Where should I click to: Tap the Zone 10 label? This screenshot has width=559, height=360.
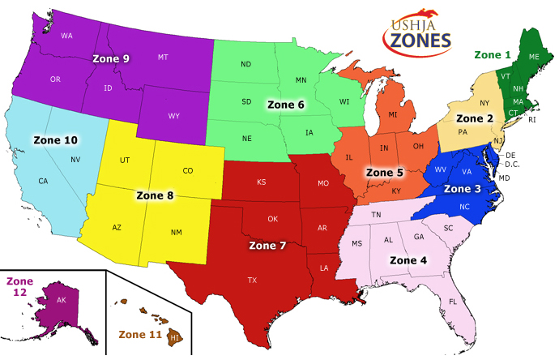click(x=56, y=139)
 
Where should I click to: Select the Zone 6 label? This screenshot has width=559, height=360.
click(x=285, y=105)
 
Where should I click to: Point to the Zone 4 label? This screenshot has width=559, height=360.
click(x=409, y=260)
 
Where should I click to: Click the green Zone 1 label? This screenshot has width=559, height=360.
click(x=493, y=55)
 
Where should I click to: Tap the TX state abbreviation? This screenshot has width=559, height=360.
click(x=252, y=280)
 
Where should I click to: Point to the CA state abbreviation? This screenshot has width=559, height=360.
click(x=42, y=181)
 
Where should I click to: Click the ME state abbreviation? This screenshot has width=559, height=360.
click(x=534, y=57)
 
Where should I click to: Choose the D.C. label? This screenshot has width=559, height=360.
click(x=511, y=165)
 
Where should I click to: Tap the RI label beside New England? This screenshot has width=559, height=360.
click(x=532, y=119)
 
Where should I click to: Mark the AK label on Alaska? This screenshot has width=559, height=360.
click(x=62, y=299)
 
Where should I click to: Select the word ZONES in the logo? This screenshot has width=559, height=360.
click(x=417, y=41)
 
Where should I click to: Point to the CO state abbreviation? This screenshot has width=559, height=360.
click(x=188, y=171)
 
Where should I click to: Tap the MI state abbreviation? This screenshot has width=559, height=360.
click(x=392, y=115)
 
